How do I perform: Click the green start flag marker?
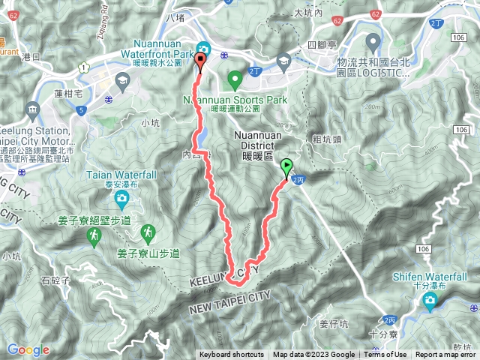coord(287,166)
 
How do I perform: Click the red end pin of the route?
coord(200,61)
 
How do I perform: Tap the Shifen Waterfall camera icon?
coord(430,301)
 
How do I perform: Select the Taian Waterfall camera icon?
coord(121,199)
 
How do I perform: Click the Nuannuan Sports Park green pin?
coord(234,77)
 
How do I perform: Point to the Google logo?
coord(28,349)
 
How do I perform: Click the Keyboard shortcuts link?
coord(232,355)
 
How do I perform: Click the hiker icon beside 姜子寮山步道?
coord(149,231)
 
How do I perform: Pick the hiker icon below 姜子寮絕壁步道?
coord(94,238)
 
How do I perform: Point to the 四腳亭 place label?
coord(323,45)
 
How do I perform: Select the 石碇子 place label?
coord(55,281)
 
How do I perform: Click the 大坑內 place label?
coord(307,13)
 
